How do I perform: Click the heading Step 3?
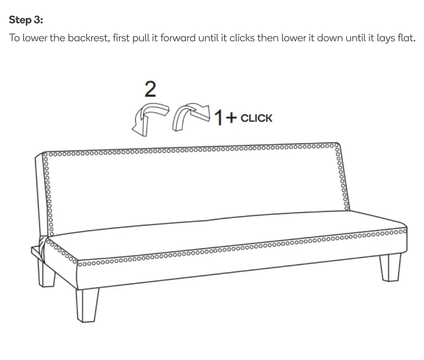click(x=26, y=20)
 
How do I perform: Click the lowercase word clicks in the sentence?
click(x=239, y=38)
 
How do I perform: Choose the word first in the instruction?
click(x=121, y=38)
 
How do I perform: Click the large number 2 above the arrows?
click(x=150, y=89)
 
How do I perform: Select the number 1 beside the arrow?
click(x=218, y=118)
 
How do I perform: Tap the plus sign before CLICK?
click(x=231, y=117)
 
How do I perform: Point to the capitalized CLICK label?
click(x=256, y=118)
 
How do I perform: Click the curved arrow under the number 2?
click(x=149, y=118)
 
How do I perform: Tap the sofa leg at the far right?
click(x=391, y=267)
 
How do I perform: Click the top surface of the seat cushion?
click(x=222, y=236)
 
